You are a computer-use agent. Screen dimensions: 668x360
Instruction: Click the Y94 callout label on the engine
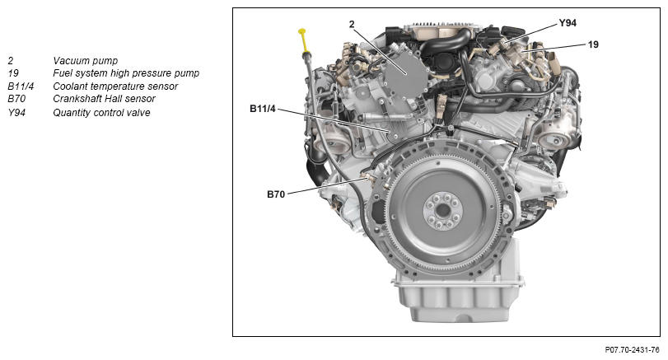click(x=568, y=23)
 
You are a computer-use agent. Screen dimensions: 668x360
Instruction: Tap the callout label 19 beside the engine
click(x=593, y=44)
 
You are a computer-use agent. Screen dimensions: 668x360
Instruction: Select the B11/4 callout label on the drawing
click(x=263, y=109)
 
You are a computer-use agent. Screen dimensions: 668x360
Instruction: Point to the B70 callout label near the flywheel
click(x=276, y=194)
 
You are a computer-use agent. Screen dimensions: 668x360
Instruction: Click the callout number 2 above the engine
click(x=352, y=24)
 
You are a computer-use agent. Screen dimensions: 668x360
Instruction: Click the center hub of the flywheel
click(x=443, y=210)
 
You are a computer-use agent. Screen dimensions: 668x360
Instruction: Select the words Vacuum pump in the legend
click(x=85, y=60)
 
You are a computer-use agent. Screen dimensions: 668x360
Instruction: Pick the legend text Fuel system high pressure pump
click(x=126, y=73)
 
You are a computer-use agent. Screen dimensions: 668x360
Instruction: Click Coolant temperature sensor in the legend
click(x=115, y=86)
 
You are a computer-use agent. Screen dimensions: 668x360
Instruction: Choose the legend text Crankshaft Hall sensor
click(x=104, y=99)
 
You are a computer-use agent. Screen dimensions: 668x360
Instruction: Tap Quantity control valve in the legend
click(x=101, y=113)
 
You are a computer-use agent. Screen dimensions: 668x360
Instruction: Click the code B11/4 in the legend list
click(x=21, y=86)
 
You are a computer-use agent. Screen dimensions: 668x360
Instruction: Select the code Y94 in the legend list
click(x=16, y=113)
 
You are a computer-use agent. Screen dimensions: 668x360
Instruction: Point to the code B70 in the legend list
click(x=16, y=99)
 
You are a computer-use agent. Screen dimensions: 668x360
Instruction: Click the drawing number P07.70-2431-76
click(x=633, y=350)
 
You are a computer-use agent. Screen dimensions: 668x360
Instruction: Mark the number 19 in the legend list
click(x=13, y=73)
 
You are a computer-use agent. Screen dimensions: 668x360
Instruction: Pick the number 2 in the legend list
click(x=10, y=60)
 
